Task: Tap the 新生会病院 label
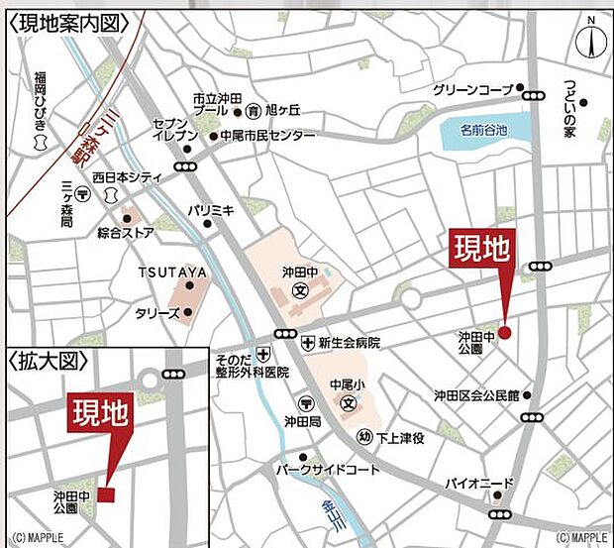click(x=350, y=342)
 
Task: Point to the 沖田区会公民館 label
click(x=475, y=394)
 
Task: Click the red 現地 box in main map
click(x=482, y=249)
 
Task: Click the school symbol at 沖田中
click(x=299, y=294)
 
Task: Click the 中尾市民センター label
click(x=267, y=136)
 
